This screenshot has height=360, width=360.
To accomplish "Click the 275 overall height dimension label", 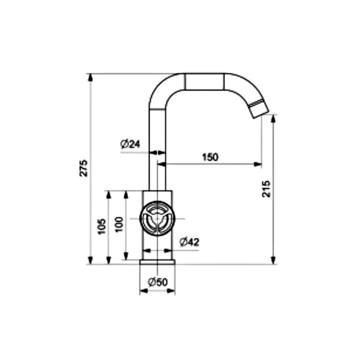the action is (x=84, y=168).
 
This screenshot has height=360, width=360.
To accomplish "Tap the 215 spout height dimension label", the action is (x=266, y=189).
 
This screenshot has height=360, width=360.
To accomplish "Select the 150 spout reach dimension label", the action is (x=210, y=157).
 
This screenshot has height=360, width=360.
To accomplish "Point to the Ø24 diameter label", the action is (x=130, y=144).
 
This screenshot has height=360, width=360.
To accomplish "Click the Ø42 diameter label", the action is (x=189, y=242).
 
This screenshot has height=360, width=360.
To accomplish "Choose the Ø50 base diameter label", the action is (x=158, y=282).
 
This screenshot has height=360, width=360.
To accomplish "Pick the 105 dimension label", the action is (x=102, y=227).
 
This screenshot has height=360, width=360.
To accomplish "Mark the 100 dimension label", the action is (x=119, y=224).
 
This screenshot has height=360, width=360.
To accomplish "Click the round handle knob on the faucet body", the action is (x=157, y=219).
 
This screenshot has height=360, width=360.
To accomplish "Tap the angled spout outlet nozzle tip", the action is (x=259, y=109).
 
